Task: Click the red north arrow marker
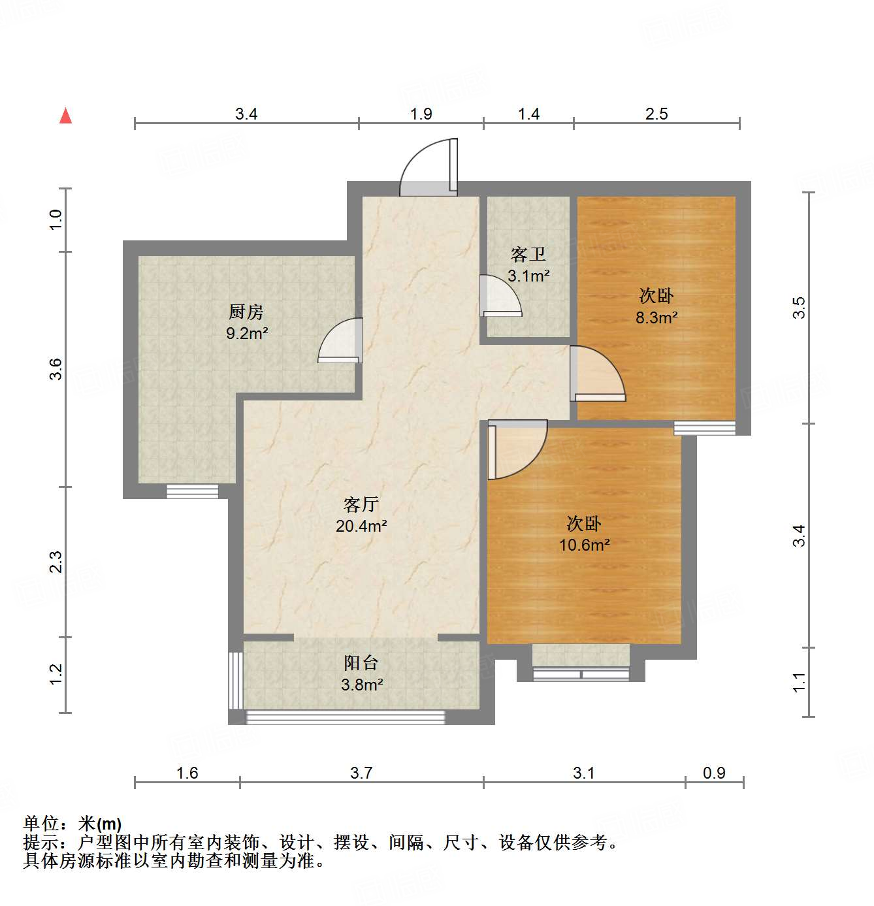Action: click(x=65, y=116)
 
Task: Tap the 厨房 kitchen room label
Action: click(x=246, y=312)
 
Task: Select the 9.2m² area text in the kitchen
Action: click(x=247, y=334)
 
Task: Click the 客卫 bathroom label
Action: click(x=528, y=254)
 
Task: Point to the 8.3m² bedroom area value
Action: click(x=656, y=318)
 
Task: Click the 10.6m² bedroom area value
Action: click(x=584, y=545)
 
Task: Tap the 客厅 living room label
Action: click(x=361, y=504)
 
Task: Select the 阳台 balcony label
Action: click(x=361, y=663)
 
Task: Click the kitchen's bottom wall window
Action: click(x=192, y=491)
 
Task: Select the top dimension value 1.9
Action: click(x=421, y=114)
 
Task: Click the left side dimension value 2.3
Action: click(x=56, y=562)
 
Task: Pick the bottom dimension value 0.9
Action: click(x=714, y=773)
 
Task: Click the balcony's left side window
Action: click(x=236, y=680)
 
